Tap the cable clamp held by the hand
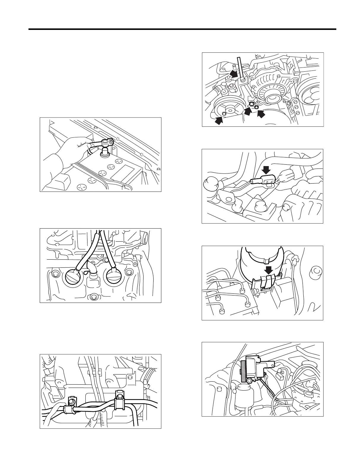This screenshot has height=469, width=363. coord(106,143)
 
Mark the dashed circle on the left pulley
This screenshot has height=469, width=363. coord(225,113)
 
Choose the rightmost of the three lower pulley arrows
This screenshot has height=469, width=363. coord(261,114)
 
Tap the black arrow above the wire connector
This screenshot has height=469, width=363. coord(267,170)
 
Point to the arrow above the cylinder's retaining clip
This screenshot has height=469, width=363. coord(269,270)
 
